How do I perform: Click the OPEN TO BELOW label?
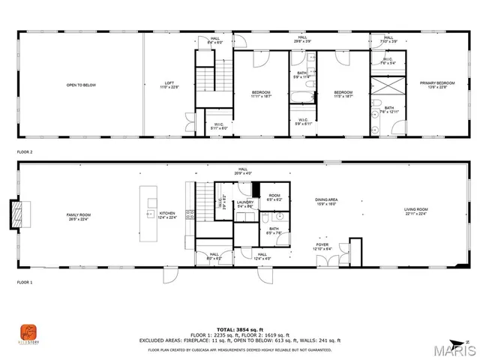click(81, 85)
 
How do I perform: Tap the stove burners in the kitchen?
click(190, 214)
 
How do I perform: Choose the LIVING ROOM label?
click(415, 211)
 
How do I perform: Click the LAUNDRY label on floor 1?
click(245, 202)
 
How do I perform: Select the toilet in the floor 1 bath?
click(265, 218)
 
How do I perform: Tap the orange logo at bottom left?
click(27, 331)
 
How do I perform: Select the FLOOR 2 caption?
click(25, 151)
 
